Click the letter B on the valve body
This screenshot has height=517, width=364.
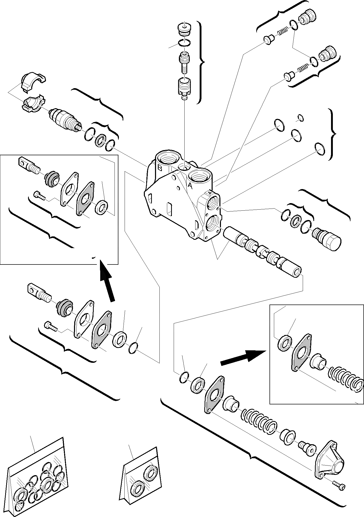pos(160,168)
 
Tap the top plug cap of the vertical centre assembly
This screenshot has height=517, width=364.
pos(185,28)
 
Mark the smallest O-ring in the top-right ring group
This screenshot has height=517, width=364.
pos(300,118)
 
